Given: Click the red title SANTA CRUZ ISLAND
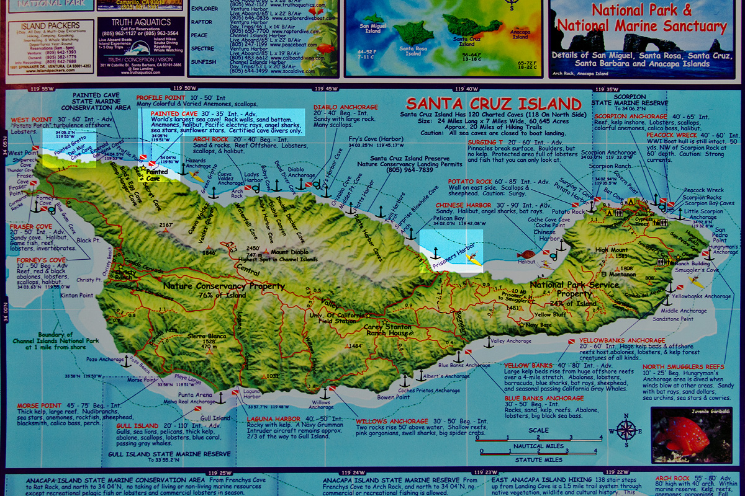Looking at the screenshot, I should click(493, 104).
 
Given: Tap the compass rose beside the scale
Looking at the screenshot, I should click(626, 429).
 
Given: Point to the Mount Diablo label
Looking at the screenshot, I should click(287, 252).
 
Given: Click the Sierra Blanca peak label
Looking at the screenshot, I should click(206, 337).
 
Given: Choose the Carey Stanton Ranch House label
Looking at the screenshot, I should click(386, 330).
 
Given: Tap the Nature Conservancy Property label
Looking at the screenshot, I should click(224, 286).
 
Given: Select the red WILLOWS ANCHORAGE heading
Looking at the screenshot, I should click(392, 422).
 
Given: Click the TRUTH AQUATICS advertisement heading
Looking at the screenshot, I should click(132, 23).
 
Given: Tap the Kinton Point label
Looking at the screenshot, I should click(78, 296).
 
